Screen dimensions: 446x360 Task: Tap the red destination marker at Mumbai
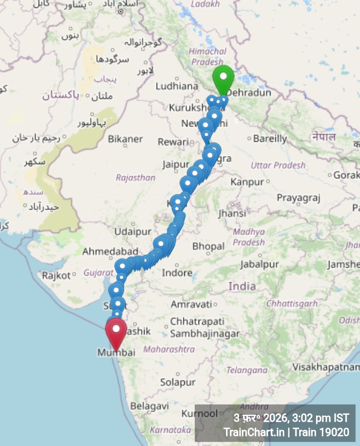coord(116,332)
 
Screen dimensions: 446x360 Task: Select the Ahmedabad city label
coord(110,251)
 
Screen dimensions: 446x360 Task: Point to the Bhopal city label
coord(209,246)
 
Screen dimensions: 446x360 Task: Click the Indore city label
coord(177,273)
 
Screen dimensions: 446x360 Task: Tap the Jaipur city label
coord(176,165)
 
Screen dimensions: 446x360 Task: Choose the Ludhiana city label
coord(177,86)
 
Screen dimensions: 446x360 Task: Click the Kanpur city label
coord(247,182)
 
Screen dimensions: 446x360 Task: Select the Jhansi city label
coord(232,214)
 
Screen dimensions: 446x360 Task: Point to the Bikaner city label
coord(125,139)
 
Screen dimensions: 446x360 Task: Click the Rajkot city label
coord(56,275)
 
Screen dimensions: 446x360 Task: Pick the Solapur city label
coord(178,382)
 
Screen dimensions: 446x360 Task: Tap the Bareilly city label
coord(270,139)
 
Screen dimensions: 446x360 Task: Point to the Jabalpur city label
coord(259,264)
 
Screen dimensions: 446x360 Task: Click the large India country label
coord(242,286)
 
